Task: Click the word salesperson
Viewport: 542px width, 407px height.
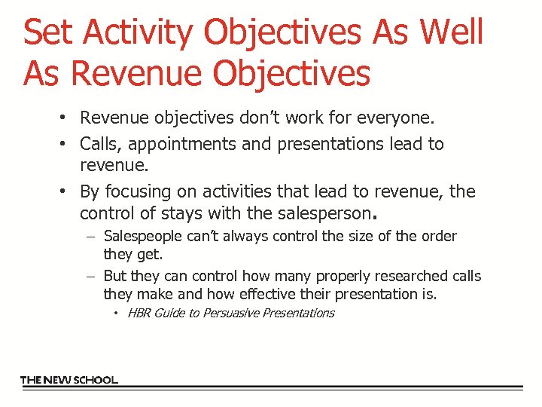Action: click(x=323, y=213)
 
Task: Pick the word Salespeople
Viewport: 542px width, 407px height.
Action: click(x=142, y=237)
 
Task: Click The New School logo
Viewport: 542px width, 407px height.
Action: click(x=69, y=380)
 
